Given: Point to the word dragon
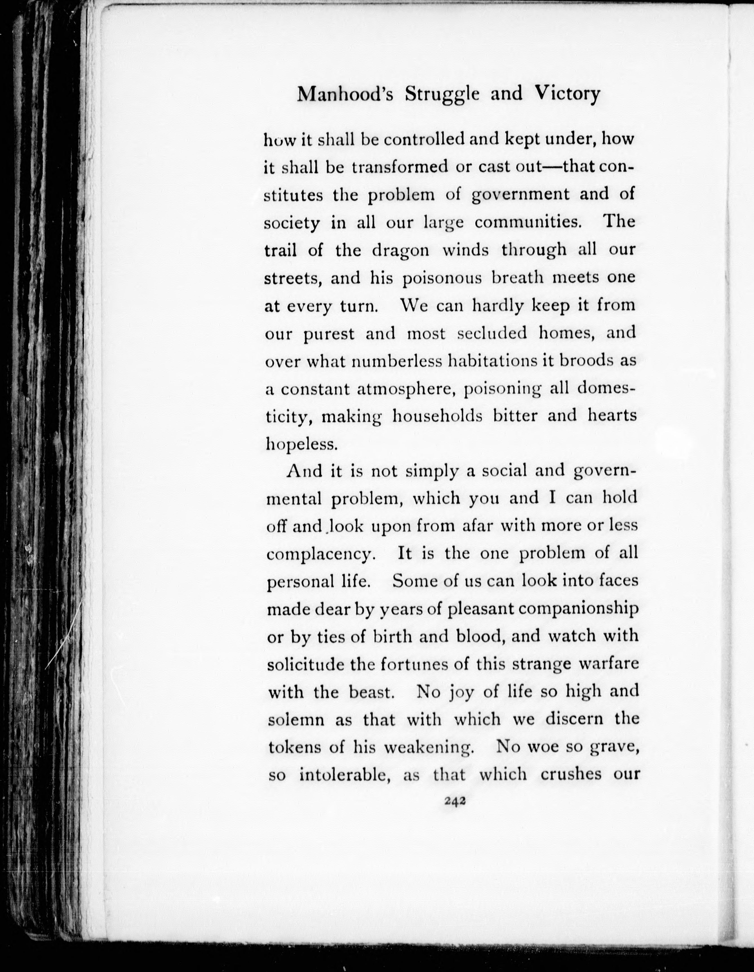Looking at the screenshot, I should (x=400, y=251).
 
